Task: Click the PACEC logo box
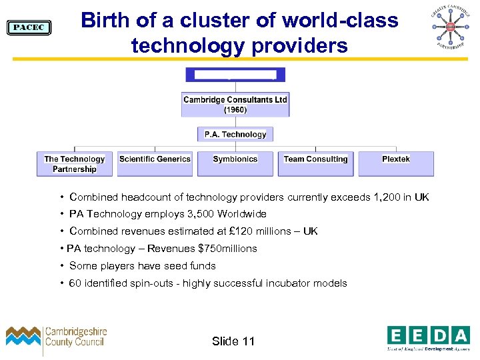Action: (29, 27)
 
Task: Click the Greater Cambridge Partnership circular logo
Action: (449, 27)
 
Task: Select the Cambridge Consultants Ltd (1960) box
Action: (235, 105)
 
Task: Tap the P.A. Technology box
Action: (235, 134)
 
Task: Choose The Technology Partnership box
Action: (75, 164)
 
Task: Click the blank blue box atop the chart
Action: (235, 75)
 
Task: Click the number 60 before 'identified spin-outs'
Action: (75, 283)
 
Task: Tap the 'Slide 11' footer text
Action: (233, 341)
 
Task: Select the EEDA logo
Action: (428, 338)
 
